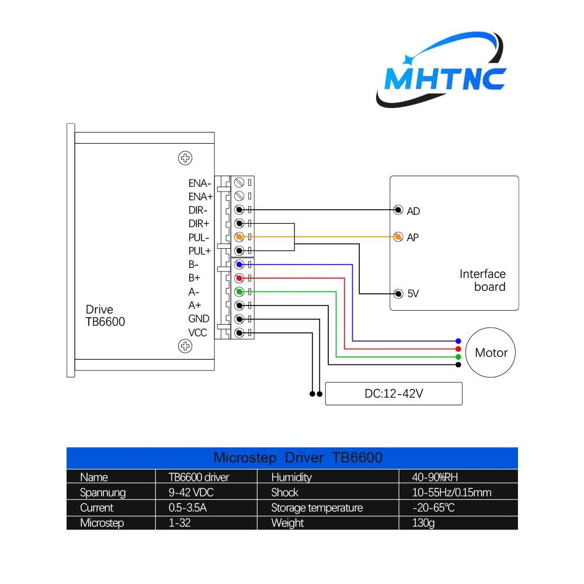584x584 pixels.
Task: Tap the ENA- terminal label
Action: tap(200, 183)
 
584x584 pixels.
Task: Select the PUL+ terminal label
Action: tap(200, 251)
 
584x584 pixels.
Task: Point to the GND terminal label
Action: tap(199, 319)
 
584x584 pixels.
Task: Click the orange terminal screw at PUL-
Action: tap(239, 237)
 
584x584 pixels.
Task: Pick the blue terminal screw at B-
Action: tap(239, 265)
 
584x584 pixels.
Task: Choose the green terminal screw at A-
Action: tap(239, 291)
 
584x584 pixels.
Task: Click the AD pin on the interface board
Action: tap(398, 210)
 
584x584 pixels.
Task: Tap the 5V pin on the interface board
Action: tap(398, 293)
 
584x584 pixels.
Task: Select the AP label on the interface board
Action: tap(413, 238)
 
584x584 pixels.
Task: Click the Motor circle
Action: tap(491, 353)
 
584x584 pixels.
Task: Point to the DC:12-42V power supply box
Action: tap(394, 394)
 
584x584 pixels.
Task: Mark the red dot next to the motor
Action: tap(458, 349)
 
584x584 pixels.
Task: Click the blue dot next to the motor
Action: tap(458, 340)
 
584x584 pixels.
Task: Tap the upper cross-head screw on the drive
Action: tap(185, 158)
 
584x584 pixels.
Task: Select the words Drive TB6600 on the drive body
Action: tap(105, 315)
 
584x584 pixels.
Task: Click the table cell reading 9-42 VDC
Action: tap(187, 492)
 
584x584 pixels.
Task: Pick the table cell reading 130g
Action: tap(423, 523)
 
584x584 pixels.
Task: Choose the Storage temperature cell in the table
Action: tap(317, 507)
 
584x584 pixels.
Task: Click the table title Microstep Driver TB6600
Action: tap(298, 457)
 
